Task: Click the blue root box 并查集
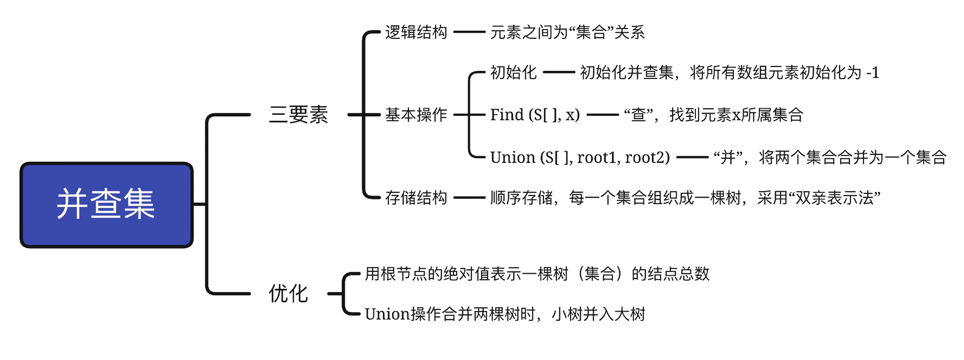[107, 205]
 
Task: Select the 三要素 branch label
[298, 115]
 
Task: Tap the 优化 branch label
[288, 293]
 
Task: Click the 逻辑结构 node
[416, 32]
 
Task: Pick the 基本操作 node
[416, 115]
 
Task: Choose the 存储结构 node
[416, 198]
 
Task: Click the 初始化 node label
[513, 72]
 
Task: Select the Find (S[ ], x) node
[535, 115]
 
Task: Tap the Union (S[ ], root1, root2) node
[580, 158]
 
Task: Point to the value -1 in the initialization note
[873, 73]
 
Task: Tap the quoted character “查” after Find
[639, 115]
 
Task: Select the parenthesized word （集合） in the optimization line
[600, 274]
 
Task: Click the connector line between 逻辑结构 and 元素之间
[469, 32]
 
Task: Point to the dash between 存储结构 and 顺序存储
[469, 198]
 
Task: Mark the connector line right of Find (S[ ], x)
[602, 115]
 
